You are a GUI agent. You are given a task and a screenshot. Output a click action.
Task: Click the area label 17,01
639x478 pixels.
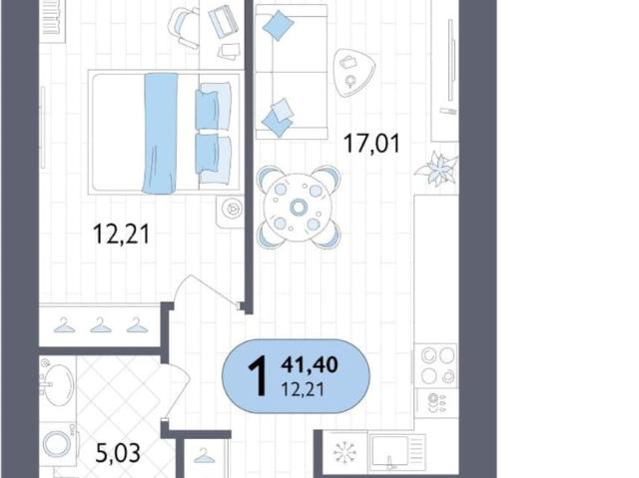point(371,144)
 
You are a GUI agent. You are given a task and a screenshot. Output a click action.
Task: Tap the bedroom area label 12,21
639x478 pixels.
point(122,235)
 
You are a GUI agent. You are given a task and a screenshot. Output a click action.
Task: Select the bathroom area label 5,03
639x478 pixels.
point(118,453)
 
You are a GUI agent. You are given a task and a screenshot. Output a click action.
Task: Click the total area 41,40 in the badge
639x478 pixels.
point(309,364)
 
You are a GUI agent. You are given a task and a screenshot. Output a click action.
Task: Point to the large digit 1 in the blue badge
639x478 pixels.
point(258,375)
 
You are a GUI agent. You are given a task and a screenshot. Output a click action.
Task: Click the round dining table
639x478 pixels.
point(298,208)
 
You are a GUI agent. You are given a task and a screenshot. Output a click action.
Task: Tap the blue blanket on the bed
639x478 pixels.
point(160,133)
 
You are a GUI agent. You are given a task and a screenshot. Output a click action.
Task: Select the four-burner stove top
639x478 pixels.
point(436,364)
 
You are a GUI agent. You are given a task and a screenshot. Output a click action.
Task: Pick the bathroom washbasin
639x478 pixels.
point(58,383)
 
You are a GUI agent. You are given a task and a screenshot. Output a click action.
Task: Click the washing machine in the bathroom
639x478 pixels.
point(57,444)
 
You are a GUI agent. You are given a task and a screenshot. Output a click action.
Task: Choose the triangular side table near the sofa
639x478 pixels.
point(352,73)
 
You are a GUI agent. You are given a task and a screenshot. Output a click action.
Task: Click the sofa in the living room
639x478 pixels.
point(291,72)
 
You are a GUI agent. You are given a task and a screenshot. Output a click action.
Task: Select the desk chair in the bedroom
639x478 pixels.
point(184,27)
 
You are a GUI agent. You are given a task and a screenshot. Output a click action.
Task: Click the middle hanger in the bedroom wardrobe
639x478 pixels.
point(100,325)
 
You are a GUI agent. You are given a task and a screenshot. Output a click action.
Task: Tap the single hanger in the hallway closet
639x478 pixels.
point(204,456)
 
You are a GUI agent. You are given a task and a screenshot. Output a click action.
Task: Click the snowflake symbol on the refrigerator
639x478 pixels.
point(344,452)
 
